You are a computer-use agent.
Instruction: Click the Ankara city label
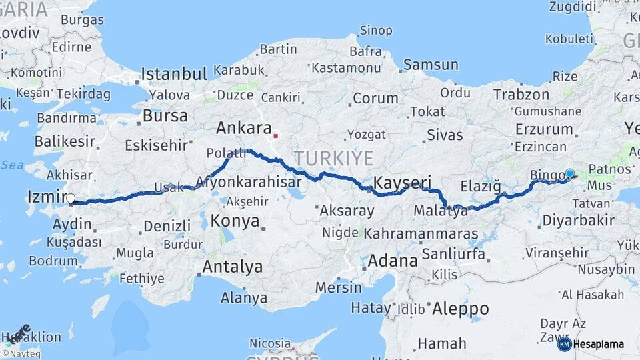click(x=244, y=128)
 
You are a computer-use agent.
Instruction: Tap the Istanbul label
click(x=174, y=73)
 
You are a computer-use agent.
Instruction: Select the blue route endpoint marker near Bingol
click(x=569, y=173)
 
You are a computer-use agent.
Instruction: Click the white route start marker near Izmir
click(x=71, y=198)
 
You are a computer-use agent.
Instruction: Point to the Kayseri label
click(x=402, y=182)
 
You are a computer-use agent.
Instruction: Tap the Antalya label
click(x=232, y=267)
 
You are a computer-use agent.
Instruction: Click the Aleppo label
click(x=460, y=309)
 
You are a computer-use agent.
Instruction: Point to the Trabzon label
click(x=521, y=95)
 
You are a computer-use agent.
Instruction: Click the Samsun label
click(x=431, y=65)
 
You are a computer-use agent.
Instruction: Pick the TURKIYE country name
click(x=334, y=158)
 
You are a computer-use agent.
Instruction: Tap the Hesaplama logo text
click(x=599, y=345)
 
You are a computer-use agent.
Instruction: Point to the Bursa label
click(x=165, y=116)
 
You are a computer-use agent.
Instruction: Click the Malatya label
click(x=441, y=211)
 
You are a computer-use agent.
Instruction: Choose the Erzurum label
click(x=544, y=129)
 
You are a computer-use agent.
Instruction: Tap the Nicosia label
click(x=270, y=343)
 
